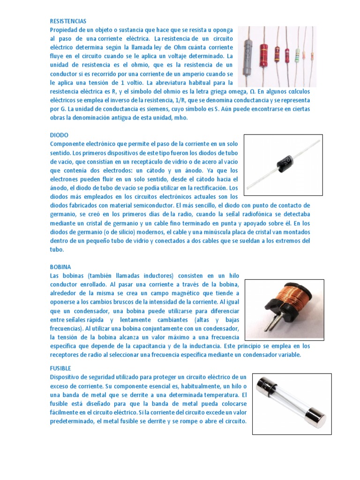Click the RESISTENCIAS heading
pyautogui.click(x=68, y=21)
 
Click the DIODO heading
pyautogui.click(x=59, y=135)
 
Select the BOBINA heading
pyautogui.click(x=60, y=267)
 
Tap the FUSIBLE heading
pyautogui.click(x=60, y=368)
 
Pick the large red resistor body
pyautogui.click(x=263, y=55)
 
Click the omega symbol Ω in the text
pyautogui.click(x=252, y=91)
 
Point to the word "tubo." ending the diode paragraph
pyautogui.click(x=57, y=249)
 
